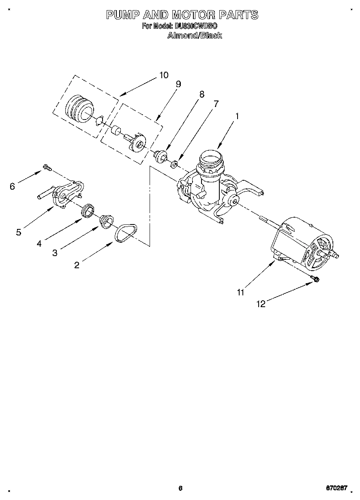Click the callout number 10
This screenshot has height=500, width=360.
163,75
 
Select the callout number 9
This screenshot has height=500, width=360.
178,84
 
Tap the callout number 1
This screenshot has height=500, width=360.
237,115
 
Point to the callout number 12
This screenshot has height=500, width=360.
261,304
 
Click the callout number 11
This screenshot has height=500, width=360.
241,292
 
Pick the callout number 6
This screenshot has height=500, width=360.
13,186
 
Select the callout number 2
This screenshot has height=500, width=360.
77,265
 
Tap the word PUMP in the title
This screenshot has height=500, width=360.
122,15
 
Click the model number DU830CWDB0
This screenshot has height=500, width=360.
196,26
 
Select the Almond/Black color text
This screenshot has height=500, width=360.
195,36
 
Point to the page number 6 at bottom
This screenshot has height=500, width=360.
180,488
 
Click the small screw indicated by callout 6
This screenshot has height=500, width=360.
46,167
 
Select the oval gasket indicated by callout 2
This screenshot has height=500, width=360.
125,233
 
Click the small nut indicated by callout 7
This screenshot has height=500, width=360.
174,164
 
